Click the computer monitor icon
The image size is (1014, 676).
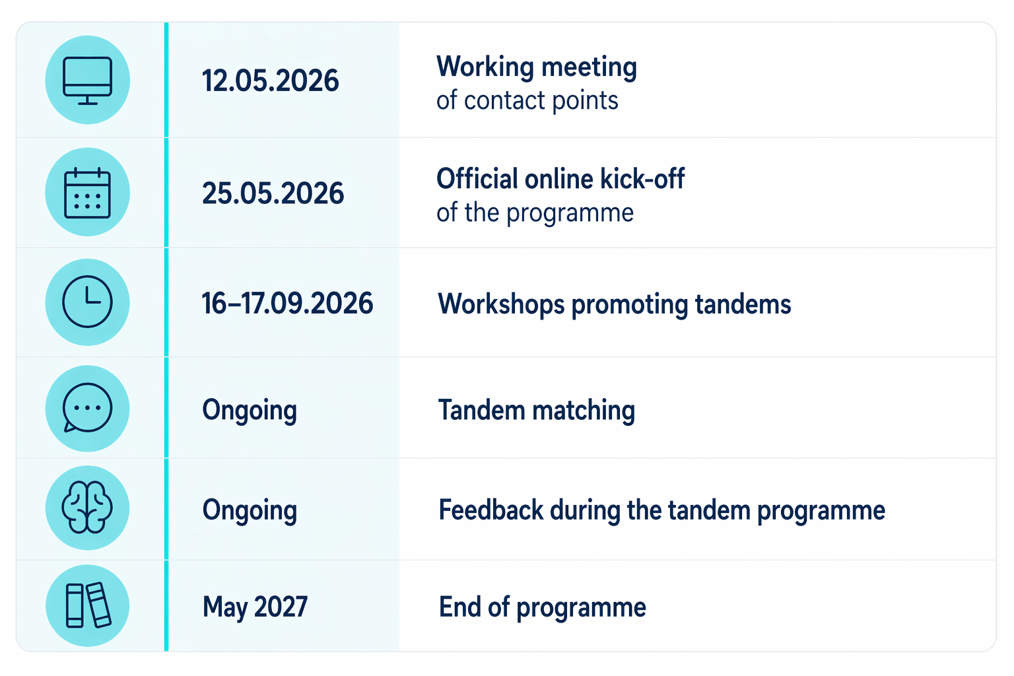click(87, 81)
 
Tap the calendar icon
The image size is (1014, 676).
click(87, 193)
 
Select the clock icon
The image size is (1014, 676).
click(87, 302)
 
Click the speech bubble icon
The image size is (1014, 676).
click(87, 408)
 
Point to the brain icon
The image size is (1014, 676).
click(87, 508)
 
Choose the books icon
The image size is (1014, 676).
click(88, 605)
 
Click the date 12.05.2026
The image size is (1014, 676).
click(270, 81)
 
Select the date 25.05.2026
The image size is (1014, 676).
click(273, 193)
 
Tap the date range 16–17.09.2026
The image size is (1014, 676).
click(287, 303)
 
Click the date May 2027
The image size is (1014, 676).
click(255, 607)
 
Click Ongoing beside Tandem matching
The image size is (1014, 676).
click(250, 411)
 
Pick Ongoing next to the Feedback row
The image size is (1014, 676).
click(250, 511)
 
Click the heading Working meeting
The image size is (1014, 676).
click(537, 67)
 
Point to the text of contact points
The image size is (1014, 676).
click(527, 100)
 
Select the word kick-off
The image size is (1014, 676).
click(642, 178)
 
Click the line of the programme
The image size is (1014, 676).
click(535, 213)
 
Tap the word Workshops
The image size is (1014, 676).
click(501, 304)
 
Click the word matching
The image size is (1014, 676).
click(584, 411)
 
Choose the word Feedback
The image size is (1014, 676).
click(490, 510)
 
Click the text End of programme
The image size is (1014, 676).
click(542, 607)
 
